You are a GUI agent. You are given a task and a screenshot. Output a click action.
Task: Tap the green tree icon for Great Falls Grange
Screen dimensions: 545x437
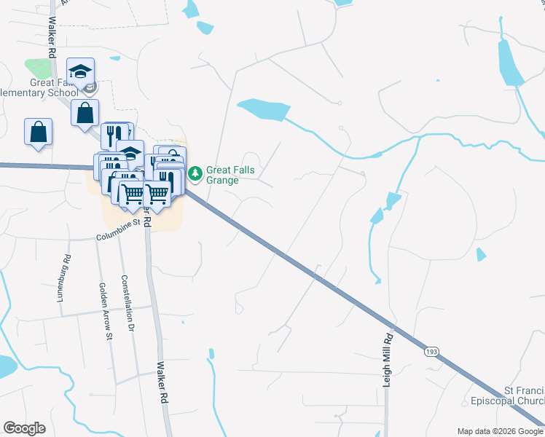[195, 173]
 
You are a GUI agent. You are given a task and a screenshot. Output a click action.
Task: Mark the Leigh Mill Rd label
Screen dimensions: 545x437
[388, 360]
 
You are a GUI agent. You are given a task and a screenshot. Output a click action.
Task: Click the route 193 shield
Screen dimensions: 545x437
[431, 352]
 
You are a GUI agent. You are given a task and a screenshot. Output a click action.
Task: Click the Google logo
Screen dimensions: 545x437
[24, 428]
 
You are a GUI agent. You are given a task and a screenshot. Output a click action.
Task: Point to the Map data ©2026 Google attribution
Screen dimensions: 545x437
[500, 431]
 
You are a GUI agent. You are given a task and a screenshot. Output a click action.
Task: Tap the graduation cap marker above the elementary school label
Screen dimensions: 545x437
[80, 71]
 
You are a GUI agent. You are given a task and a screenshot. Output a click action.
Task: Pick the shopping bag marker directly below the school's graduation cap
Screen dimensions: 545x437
[85, 113]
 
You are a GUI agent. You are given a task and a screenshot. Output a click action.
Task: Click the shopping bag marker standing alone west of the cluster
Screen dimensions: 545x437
[38, 132]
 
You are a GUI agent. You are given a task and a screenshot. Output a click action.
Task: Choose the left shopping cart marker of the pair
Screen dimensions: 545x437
[132, 194]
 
